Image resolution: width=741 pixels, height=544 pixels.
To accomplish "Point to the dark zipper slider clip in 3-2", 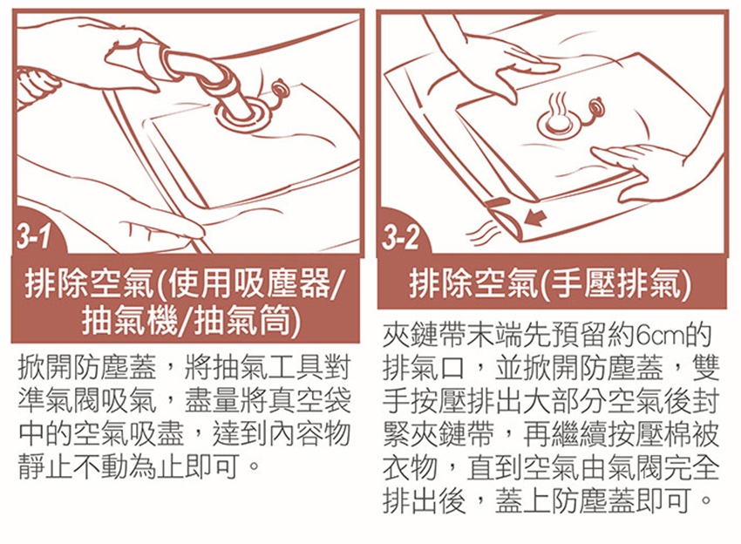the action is coord(498,203).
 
